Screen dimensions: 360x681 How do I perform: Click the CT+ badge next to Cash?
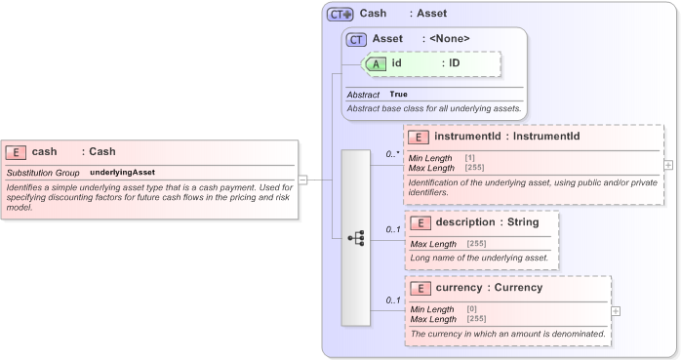click(x=340, y=14)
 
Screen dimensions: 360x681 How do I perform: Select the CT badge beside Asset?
click(x=356, y=39)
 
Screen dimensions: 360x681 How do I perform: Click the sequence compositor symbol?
click(x=356, y=237)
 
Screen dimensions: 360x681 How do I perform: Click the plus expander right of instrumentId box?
click(x=668, y=165)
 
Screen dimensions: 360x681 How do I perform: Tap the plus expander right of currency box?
click(x=616, y=310)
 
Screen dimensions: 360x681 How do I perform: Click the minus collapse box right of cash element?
click(x=302, y=180)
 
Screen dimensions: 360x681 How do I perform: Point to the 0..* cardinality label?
click(x=392, y=154)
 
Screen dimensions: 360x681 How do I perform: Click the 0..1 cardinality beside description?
click(x=392, y=230)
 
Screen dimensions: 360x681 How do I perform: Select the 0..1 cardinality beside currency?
click(x=392, y=300)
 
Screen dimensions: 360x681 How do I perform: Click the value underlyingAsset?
click(x=123, y=172)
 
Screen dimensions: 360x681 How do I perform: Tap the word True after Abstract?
click(x=399, y=94)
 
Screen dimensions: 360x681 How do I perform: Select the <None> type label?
click(x=450, y=39)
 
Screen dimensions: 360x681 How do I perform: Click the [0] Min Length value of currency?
click(x=472, y=309)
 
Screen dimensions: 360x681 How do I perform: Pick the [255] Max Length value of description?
click(x=476, y=243)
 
